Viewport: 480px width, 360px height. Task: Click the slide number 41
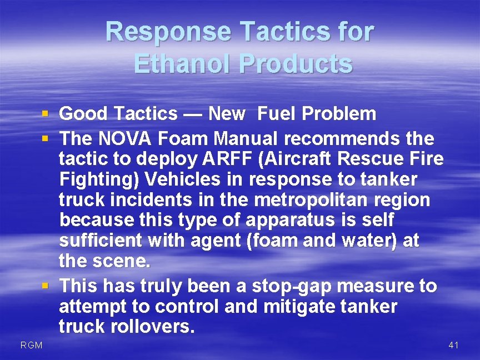click(453, 346)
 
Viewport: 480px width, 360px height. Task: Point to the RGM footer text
click(31, 346)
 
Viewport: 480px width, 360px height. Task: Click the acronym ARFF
click(218, 159)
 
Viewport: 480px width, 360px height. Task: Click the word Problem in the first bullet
click(340, 114)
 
